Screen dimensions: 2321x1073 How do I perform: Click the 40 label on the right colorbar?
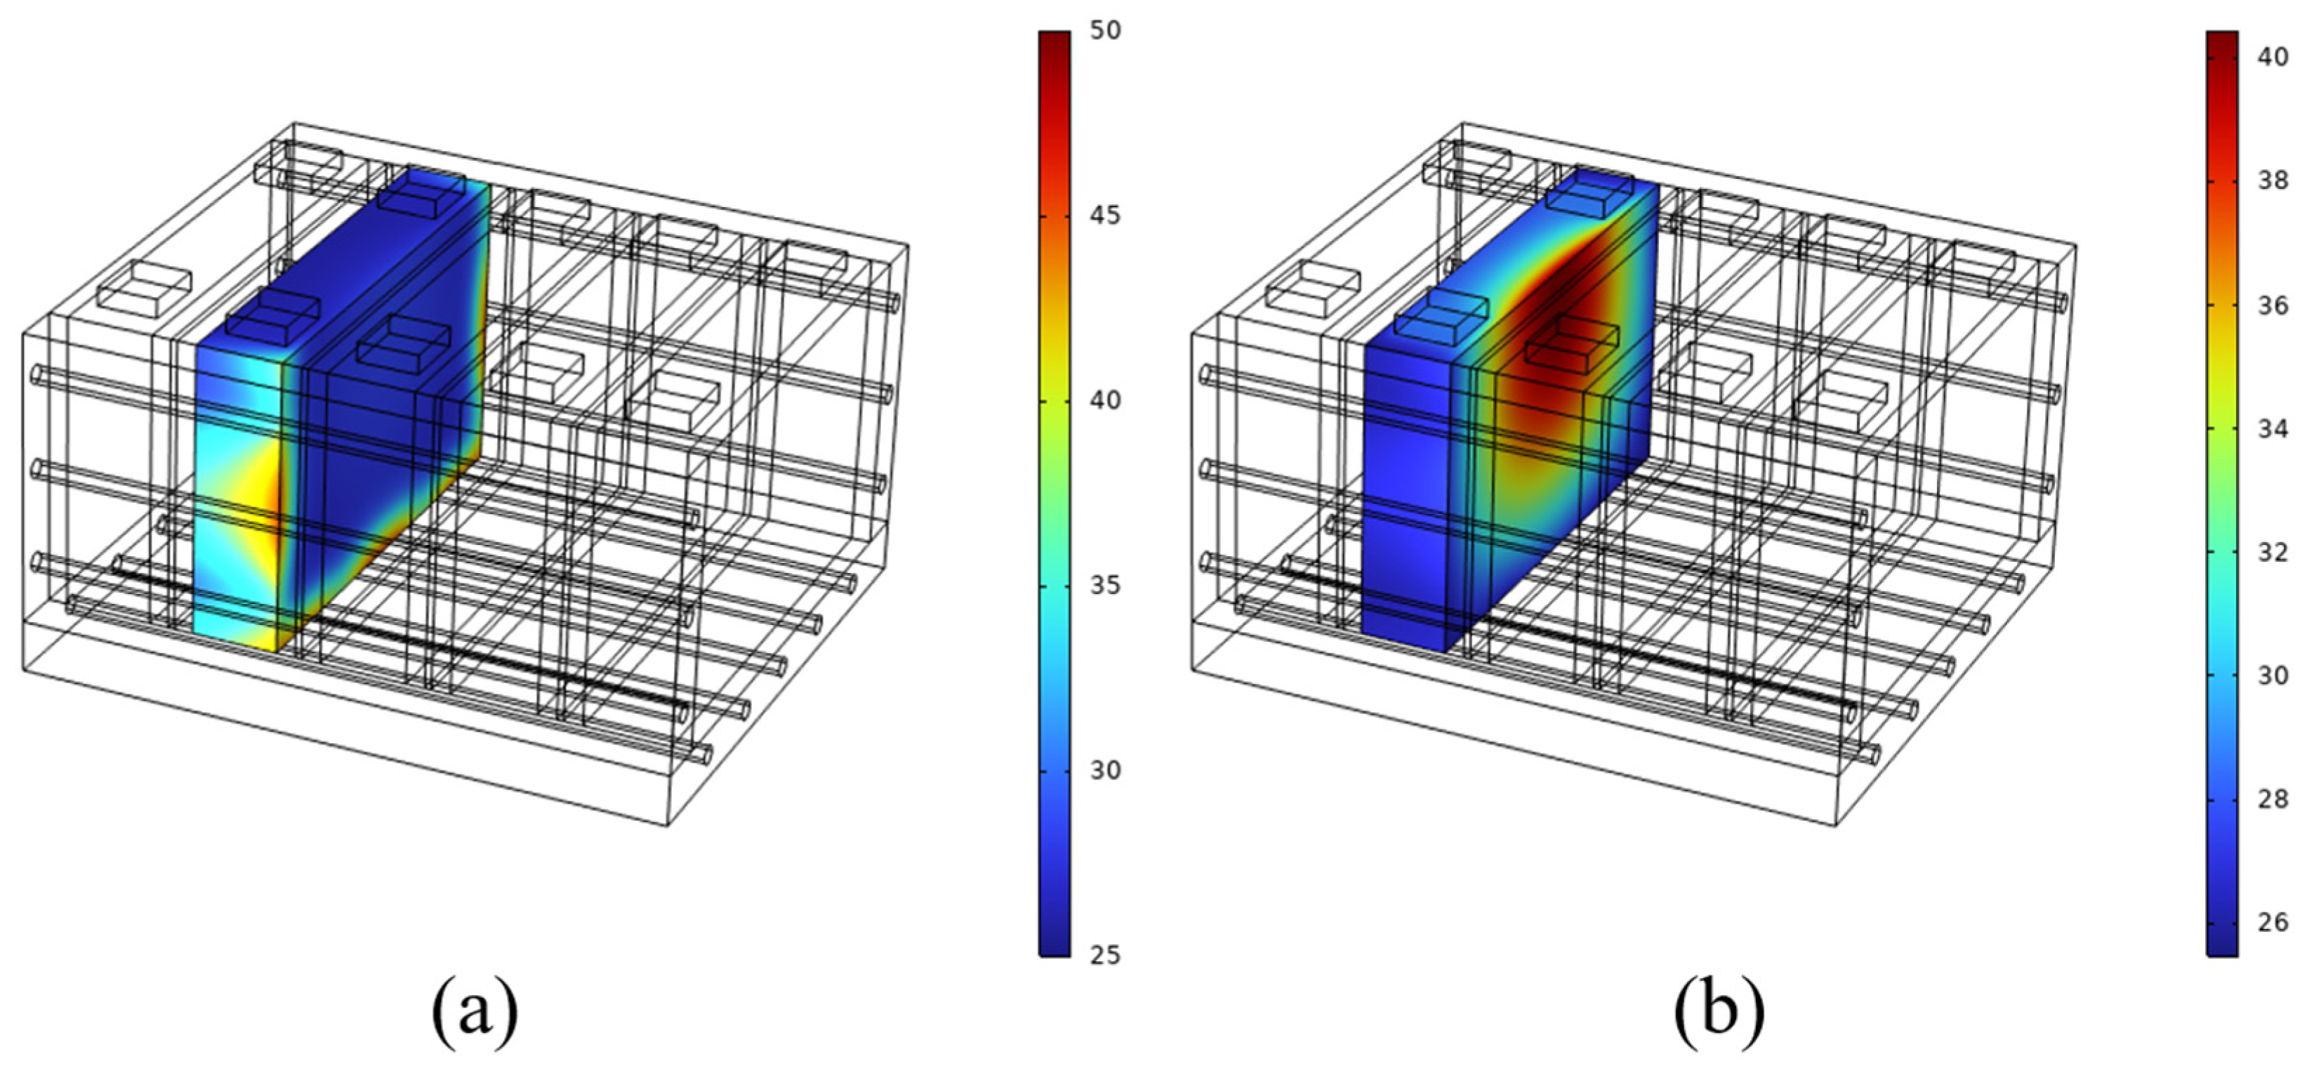click(x=2273, y=57)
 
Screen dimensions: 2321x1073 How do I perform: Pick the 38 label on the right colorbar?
click(x=2273, y=181)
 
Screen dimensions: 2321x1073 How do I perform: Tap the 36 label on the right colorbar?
click(x=2273, y=305)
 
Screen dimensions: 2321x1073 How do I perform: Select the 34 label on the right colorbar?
click(x=2273, y=429)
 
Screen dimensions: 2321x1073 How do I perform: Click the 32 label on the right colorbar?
click(x=2273, y=551)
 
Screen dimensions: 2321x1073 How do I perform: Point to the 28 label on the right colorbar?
click(x=2273, y=799)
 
